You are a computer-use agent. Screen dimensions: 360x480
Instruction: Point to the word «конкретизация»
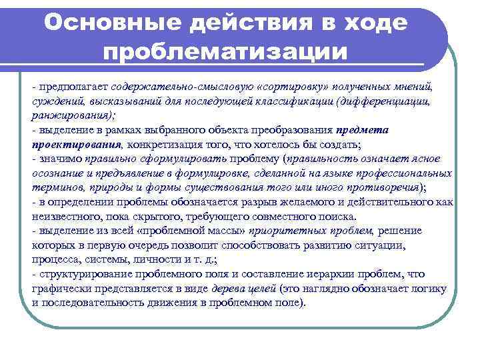click(x=149, y=144)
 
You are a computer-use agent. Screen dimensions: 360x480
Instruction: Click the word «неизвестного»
click(x=64, y=217)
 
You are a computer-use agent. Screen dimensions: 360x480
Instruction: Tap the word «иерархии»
click(x=300, y=274)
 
